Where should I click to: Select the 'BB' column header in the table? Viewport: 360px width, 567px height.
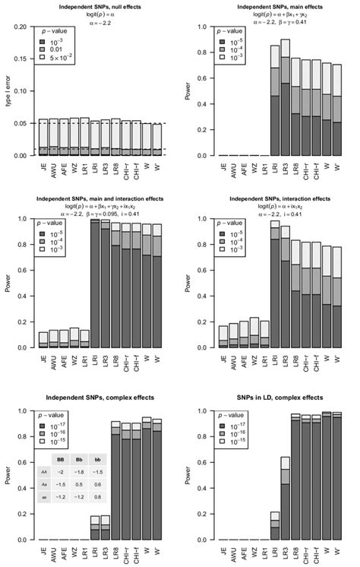point(59,459)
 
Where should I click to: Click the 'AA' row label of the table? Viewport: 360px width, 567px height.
point(44,471)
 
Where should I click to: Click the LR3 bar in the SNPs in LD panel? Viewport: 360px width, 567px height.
point(285,498)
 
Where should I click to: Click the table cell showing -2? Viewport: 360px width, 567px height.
point(59,471)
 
